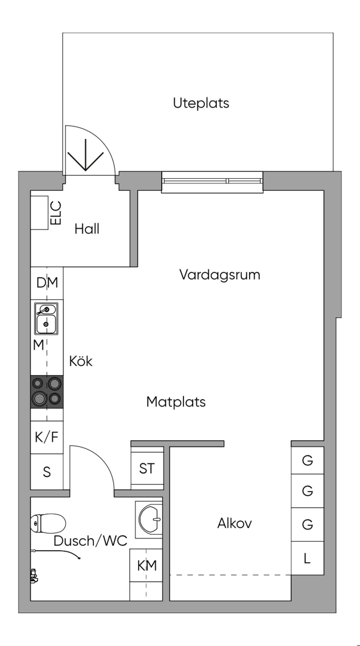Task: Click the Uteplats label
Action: pos(201,103)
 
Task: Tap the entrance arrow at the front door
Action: pos(85,156)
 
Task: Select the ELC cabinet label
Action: pos(56,213)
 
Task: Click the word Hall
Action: pos(87,229)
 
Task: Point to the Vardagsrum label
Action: pos(220,274)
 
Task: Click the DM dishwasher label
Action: pos(47,283)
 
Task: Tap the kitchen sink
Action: pos(46,319)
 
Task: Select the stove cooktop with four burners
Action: pos(47,392)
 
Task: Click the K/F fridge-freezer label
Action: pos(47,437)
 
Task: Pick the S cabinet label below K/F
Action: pos(47,472)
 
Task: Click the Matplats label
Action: pos(176,402)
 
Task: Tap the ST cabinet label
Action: pos(147,469)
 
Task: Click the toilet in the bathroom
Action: pos(48,523)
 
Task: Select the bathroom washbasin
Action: pos(150,519)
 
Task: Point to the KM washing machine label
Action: pos(147,566)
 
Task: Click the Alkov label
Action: pos(234,523)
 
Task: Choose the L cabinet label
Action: pos(307,558)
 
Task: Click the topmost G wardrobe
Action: pos(307,460)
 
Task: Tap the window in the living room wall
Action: pos(212,181)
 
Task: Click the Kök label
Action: pos(81,361)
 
